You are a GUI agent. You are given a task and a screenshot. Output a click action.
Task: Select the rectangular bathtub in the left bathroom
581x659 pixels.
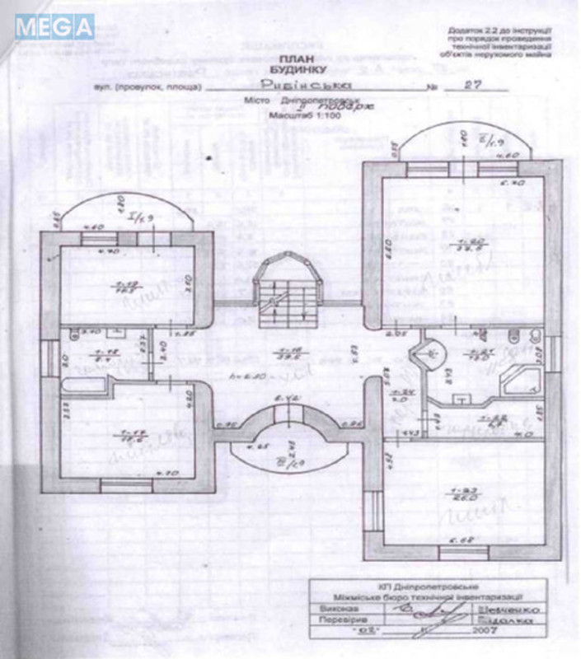87,387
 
